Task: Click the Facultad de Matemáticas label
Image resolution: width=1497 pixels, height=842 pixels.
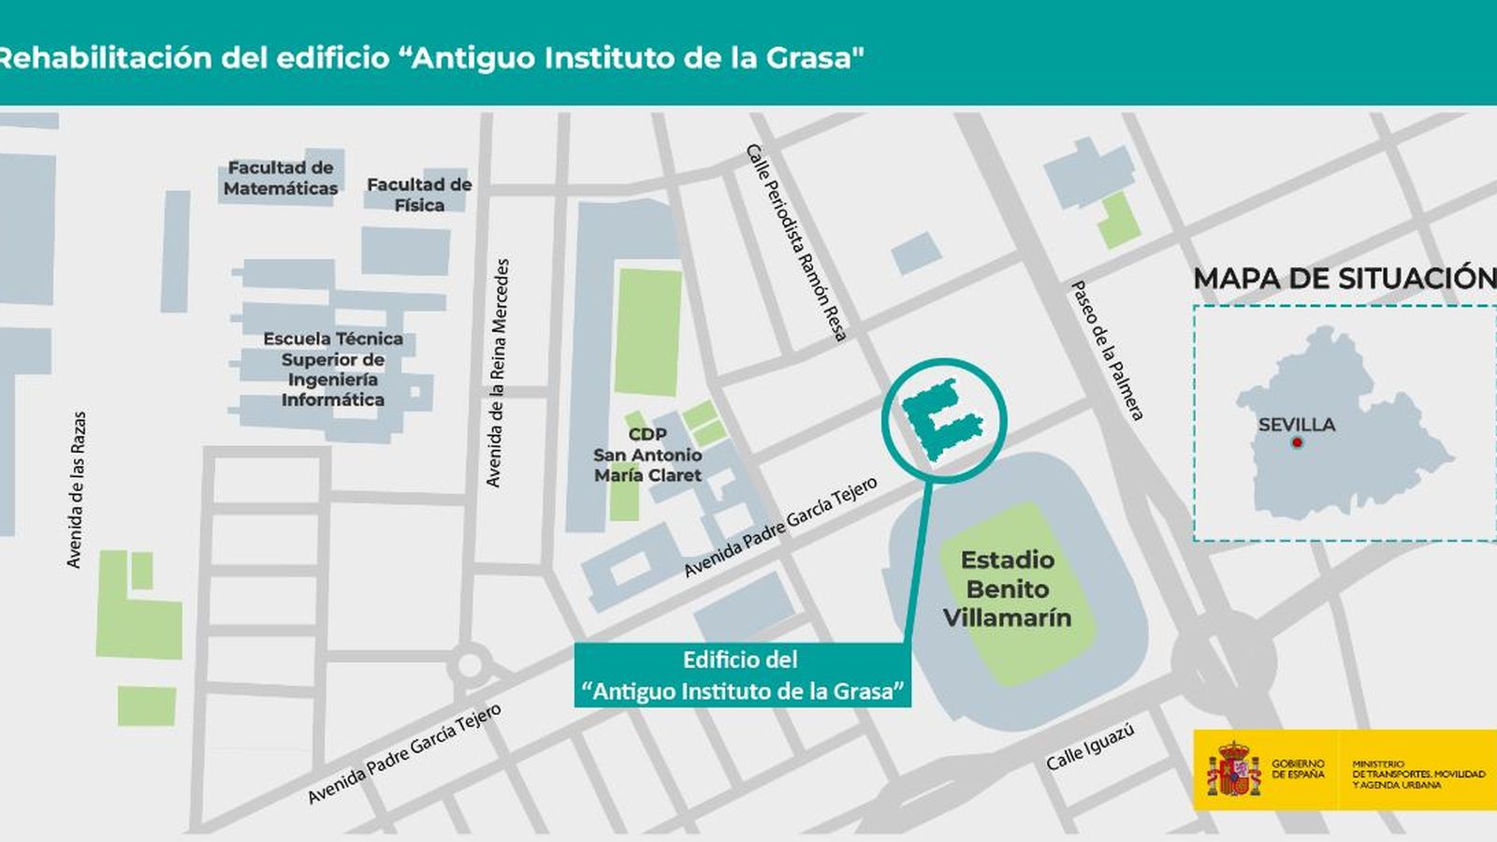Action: [281, 178]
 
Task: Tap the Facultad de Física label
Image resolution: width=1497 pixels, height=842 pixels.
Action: [419, 195]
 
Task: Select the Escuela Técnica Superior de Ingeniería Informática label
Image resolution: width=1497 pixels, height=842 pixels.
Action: [333, 369]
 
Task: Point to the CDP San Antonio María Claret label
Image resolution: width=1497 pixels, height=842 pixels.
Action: [647, 455]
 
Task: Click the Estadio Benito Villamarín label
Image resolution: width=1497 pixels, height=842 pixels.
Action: [1008, 588]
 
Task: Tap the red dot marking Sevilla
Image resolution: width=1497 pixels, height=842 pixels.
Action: [1297, 443]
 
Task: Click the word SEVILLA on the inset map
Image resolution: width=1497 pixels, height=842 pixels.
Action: [1297, 425]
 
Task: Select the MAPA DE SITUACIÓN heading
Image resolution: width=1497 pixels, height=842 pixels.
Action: [1344, 278]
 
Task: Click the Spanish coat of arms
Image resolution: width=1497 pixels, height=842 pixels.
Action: [1233, 769]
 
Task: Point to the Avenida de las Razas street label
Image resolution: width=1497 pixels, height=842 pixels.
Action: [76, 489]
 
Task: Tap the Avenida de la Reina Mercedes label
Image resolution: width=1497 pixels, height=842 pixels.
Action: [498, 372]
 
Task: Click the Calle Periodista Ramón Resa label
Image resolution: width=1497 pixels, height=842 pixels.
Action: [796, 241]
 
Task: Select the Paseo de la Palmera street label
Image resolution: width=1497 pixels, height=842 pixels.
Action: [1107, 350]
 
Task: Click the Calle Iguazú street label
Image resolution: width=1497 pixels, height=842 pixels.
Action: [1090, 747]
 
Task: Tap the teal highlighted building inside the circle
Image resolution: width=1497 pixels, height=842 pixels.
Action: [940, 419]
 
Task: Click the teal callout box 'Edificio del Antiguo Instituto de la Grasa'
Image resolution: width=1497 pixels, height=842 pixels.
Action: [742, 675]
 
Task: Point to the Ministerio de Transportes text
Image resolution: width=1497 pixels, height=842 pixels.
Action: [1417, 774]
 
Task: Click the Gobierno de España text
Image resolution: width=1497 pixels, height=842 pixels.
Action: [1298, 769]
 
